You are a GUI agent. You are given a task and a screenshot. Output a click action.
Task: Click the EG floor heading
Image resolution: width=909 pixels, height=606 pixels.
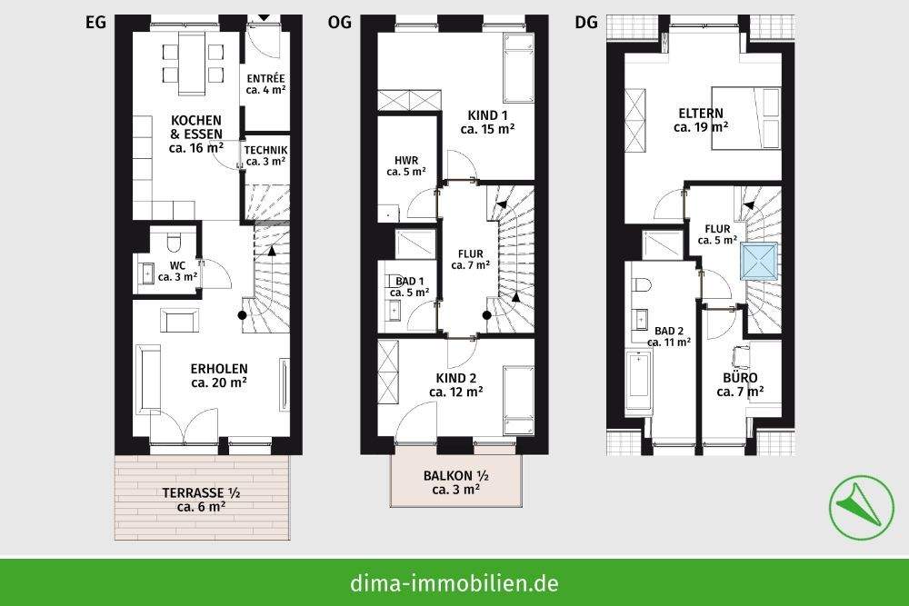coord(96,23)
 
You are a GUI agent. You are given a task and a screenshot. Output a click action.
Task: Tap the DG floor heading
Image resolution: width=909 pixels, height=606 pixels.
coord(586,23)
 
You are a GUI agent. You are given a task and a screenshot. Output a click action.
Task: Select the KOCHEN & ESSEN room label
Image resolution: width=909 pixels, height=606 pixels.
coord(196,133)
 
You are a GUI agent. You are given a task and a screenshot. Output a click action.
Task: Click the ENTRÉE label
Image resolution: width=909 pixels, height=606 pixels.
coord(265,84)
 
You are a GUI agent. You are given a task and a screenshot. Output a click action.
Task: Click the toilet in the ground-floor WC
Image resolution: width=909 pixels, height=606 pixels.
coord(176,243)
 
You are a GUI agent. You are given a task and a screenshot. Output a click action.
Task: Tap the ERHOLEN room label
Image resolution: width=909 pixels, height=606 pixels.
coord(219,375)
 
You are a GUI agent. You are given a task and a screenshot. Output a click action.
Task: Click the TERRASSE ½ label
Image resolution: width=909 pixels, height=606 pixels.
coord(201,500)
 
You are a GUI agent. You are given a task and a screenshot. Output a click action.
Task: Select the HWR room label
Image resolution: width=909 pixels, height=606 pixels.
coord(405,164)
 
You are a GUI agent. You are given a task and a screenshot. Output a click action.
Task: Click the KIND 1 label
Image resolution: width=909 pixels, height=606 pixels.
coord(487,122)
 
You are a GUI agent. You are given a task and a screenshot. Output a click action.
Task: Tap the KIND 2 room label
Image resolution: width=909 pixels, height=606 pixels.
coord(455,384)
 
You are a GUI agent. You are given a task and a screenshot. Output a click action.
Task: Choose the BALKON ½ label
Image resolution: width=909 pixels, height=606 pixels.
coord(456,482)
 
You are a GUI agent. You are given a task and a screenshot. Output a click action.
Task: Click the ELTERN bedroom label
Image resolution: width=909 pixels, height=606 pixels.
coord(701,120)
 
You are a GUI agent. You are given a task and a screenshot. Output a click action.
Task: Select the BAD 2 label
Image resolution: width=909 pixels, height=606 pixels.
coord(668,336)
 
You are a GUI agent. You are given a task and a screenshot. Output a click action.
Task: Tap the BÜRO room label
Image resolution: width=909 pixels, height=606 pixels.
coord(739,383)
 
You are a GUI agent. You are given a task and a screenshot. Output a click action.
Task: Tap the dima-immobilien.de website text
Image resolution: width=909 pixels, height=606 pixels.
coord(454,582)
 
